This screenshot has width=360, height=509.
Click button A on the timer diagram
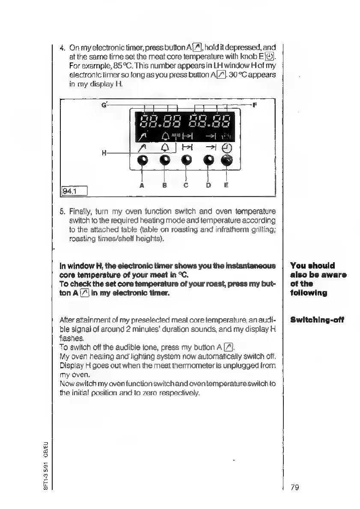[142, 160]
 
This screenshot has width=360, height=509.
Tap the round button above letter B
[165, 160]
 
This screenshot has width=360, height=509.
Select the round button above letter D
[208, 160]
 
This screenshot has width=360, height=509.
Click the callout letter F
[255, 104]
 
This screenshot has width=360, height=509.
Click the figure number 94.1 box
[74, 189]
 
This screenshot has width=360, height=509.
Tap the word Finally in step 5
[79, 211]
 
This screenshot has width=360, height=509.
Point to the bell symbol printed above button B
[164, 147]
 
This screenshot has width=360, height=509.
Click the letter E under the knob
[226, 185]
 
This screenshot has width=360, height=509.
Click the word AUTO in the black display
[176, 135]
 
